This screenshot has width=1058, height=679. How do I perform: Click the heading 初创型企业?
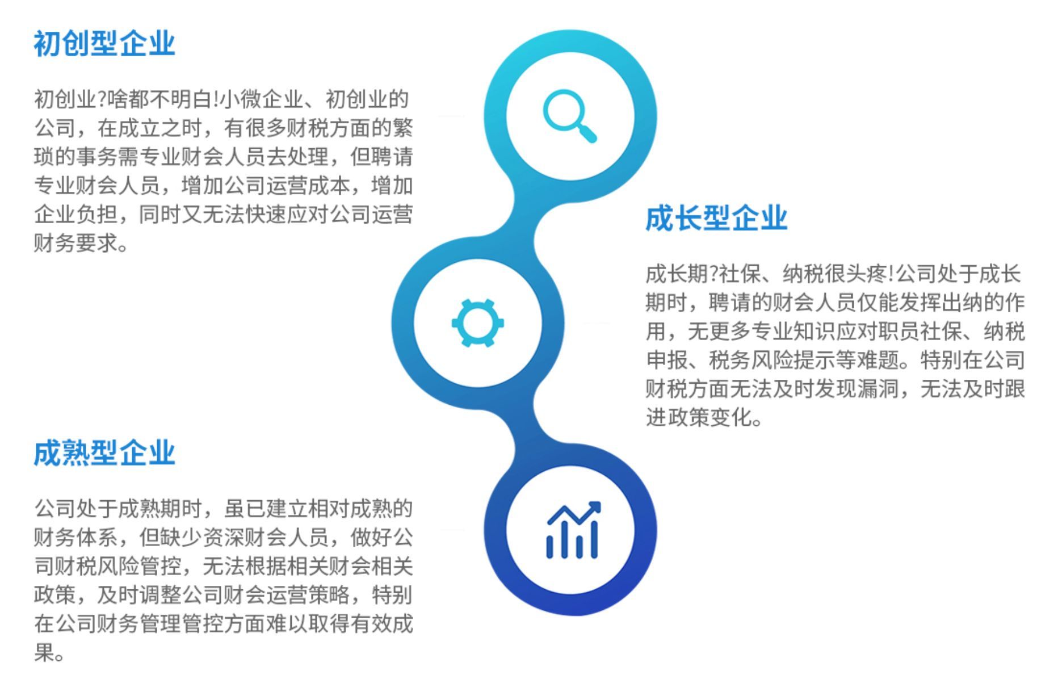pos(104,44)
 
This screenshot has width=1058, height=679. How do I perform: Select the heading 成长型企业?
pos(716,218)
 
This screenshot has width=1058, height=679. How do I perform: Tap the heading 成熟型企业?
pos(104,453)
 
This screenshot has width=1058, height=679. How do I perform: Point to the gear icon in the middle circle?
pos(477,323)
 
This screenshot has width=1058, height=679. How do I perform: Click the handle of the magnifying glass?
pos(586,133)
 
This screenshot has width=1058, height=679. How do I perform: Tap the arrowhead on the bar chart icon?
pos(594,507)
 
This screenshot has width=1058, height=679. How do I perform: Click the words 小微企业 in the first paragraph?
pos(261,100)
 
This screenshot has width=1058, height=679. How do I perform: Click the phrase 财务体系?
pos(76,538)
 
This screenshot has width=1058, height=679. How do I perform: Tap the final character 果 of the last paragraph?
pos(44,653)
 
